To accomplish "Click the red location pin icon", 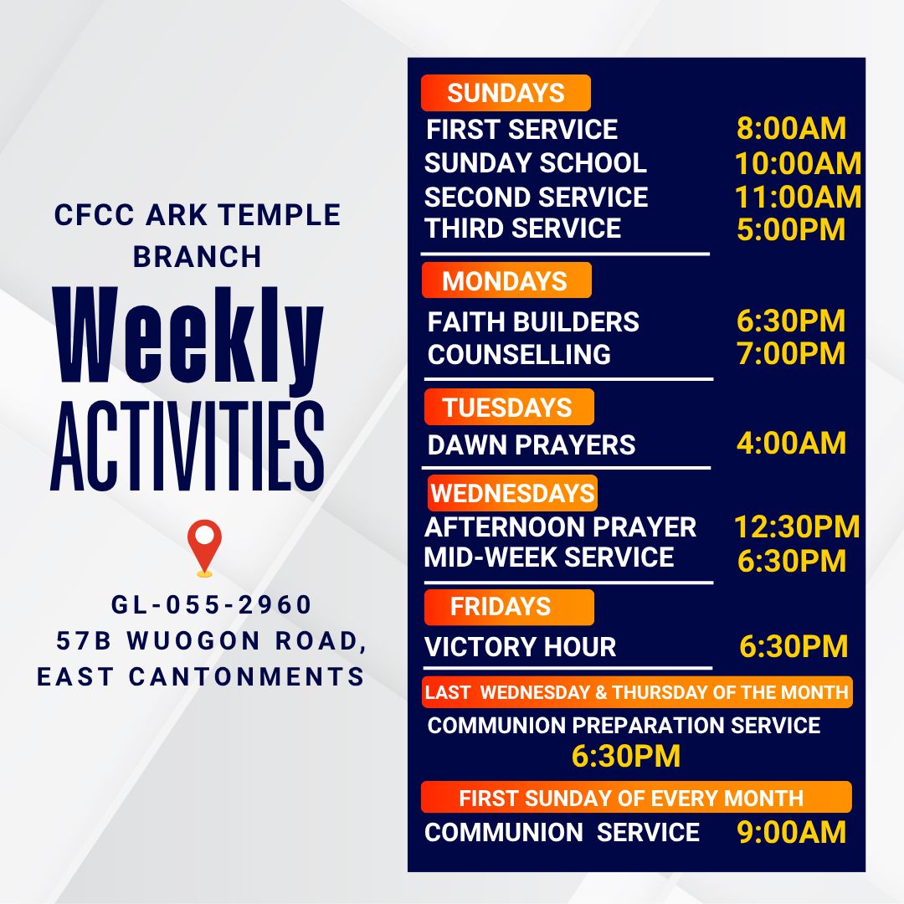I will tap(205, 546).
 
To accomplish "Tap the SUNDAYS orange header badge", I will tap(506, 93).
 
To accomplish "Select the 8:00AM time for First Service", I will tap(791, 129).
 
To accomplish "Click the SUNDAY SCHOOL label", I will tap(536, 162).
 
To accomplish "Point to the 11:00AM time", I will tap(798, 197).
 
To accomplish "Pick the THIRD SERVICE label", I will tap(523, 229).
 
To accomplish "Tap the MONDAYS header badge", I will tap(506, 280).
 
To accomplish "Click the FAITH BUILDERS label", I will tap(533, 322).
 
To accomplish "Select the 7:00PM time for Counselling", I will tap(791, 354).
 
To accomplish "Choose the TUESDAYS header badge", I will tap(508, 408).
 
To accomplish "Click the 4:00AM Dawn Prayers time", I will tap(791, 444).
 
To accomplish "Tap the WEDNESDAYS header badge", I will tap(512, 493).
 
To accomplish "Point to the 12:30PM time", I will tap(797, 526).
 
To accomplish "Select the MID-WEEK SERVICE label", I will tap(549, 557).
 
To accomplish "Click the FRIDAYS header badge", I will tap(508, 607).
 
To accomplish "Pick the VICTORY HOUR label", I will tap(521, 647).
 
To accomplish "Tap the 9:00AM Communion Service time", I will tap(791, 833).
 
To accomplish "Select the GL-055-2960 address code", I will tap(212, 604).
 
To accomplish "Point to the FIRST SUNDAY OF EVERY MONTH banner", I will tap(635, 797).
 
